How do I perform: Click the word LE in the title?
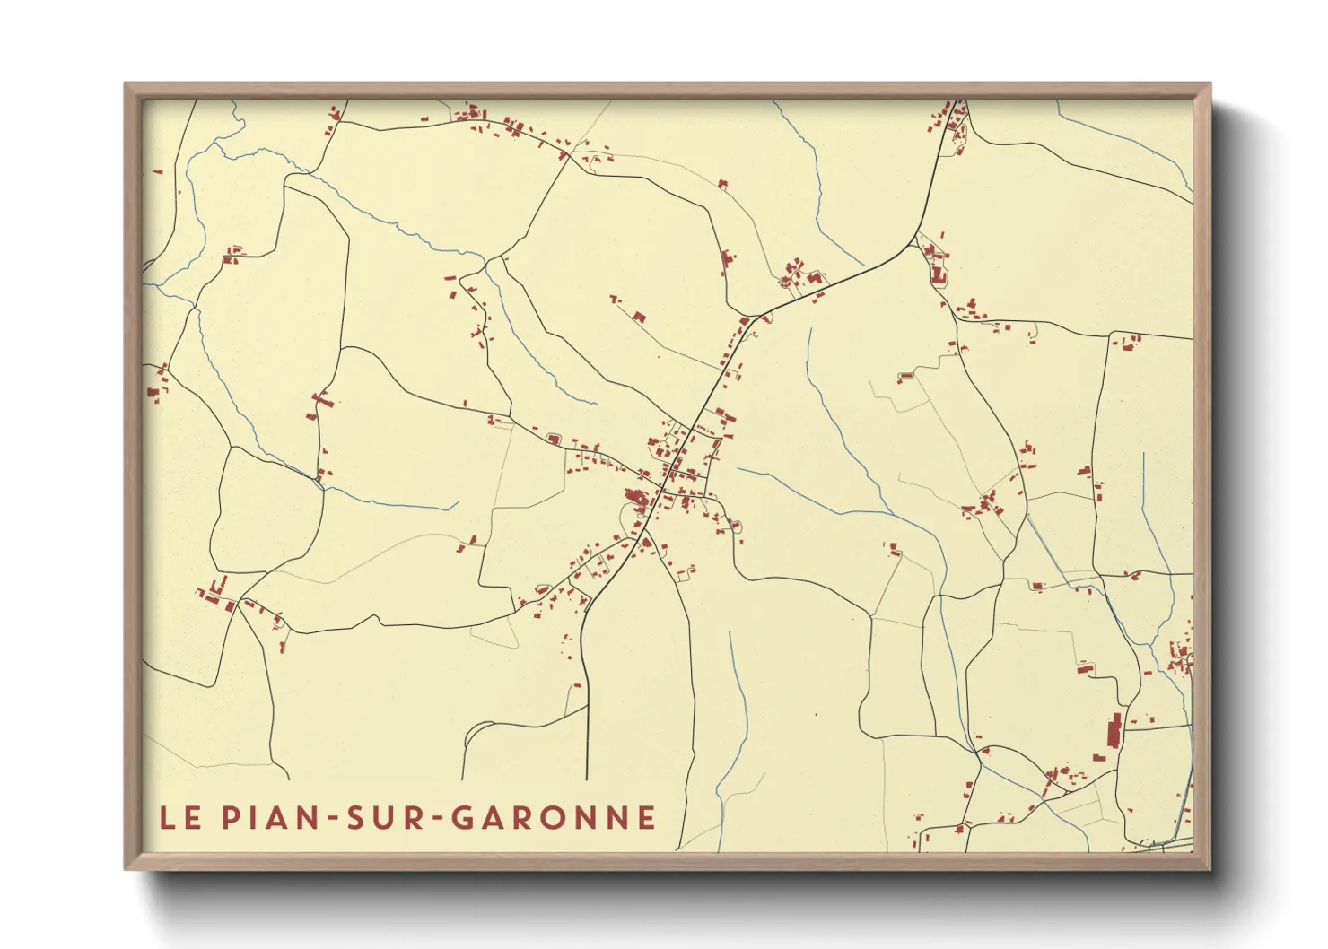179,818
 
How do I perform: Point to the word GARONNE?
553,818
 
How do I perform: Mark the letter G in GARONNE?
461,818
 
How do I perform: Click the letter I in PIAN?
250,818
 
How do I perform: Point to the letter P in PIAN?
230,818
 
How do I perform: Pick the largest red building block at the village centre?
638,500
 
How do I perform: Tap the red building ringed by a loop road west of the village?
554,439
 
